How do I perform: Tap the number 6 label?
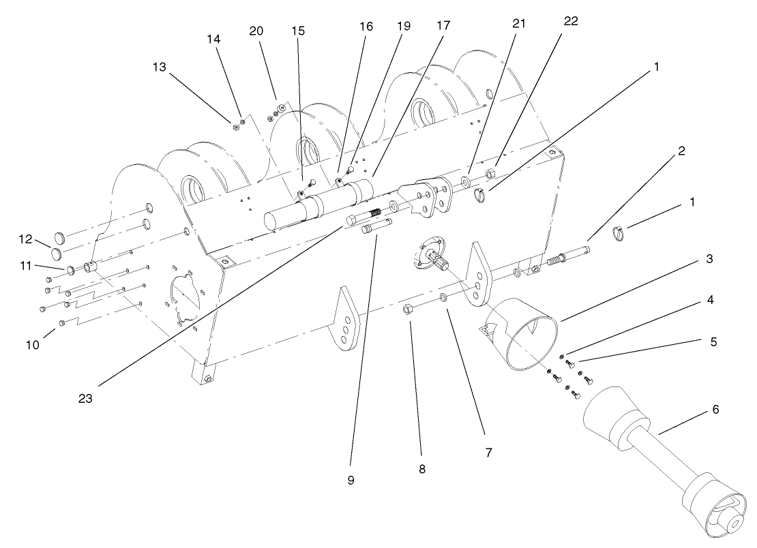[715, 409]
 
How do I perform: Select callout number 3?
[710, 259]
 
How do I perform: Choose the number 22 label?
[571, 21]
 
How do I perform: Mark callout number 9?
[350, 479]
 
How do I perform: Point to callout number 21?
[519, 22]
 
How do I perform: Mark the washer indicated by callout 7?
[444, 297]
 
